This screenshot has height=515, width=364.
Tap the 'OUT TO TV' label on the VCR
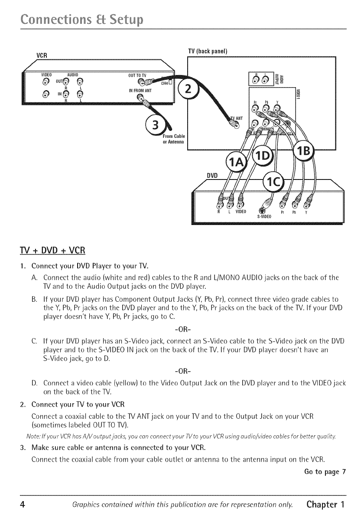point(136,74)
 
